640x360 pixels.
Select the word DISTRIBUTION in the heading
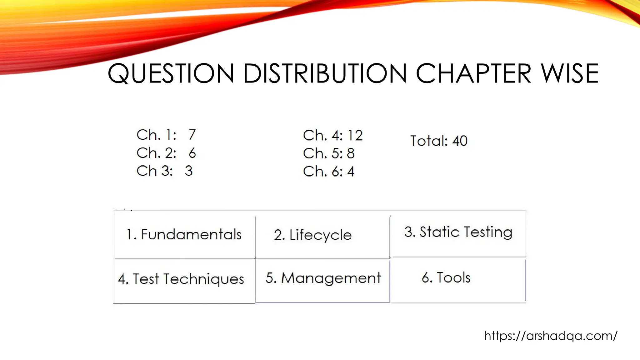point(325,74)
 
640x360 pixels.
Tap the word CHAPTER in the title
point(473,74)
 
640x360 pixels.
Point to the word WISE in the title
point(570,74)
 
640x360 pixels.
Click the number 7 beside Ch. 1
point(192,135)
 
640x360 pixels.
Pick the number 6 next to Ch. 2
point(192,153)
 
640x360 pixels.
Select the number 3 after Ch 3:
point(188,171)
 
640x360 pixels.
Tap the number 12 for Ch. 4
point(355,136)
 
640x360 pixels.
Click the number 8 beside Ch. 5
point(351,153)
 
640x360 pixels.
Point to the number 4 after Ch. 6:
point(351,172)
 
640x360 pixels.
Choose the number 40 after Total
point(460,141)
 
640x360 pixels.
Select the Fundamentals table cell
point(184,234)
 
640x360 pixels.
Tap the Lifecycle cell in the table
point(322,235)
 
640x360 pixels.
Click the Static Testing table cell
point(458,232)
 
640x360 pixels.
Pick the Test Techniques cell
point(184,279)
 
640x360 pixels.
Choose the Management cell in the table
point(322,278)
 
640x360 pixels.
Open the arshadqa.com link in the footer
point(551,336)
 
